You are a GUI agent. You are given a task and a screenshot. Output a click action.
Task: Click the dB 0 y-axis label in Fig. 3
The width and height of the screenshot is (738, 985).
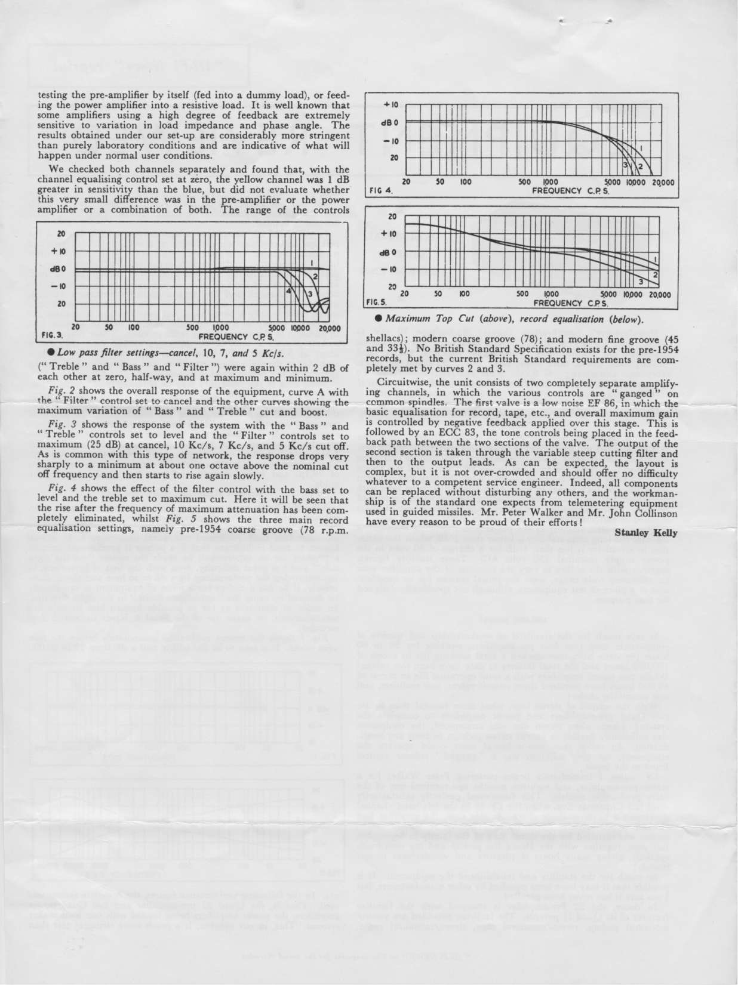coord(60,270)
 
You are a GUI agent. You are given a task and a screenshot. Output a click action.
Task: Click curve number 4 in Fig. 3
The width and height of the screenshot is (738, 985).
coord(288,290)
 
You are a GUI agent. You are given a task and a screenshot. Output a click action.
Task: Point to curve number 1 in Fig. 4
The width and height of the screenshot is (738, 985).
coord(641,147)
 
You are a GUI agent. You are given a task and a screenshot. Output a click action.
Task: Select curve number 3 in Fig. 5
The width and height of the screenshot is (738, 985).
coord(641,282)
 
